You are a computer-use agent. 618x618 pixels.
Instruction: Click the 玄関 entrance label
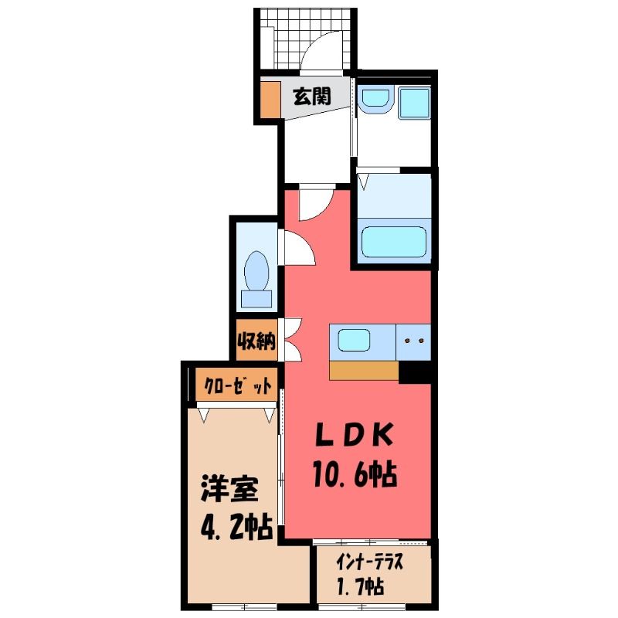312,97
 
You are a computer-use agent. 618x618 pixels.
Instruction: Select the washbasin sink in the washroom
377,100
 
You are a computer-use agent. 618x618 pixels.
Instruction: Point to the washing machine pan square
414,103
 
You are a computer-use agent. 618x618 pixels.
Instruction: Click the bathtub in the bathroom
394,242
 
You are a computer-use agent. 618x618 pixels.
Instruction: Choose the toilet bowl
256,271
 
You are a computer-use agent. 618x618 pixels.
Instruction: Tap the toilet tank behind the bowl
256,299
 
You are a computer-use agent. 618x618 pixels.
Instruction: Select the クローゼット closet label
238,385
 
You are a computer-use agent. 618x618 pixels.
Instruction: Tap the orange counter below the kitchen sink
364,371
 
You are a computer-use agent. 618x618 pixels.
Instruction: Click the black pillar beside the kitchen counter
415,372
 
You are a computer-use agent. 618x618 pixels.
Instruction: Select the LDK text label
354,434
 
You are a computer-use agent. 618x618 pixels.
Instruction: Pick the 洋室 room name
229,489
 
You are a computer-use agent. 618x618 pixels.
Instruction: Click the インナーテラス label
369,563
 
